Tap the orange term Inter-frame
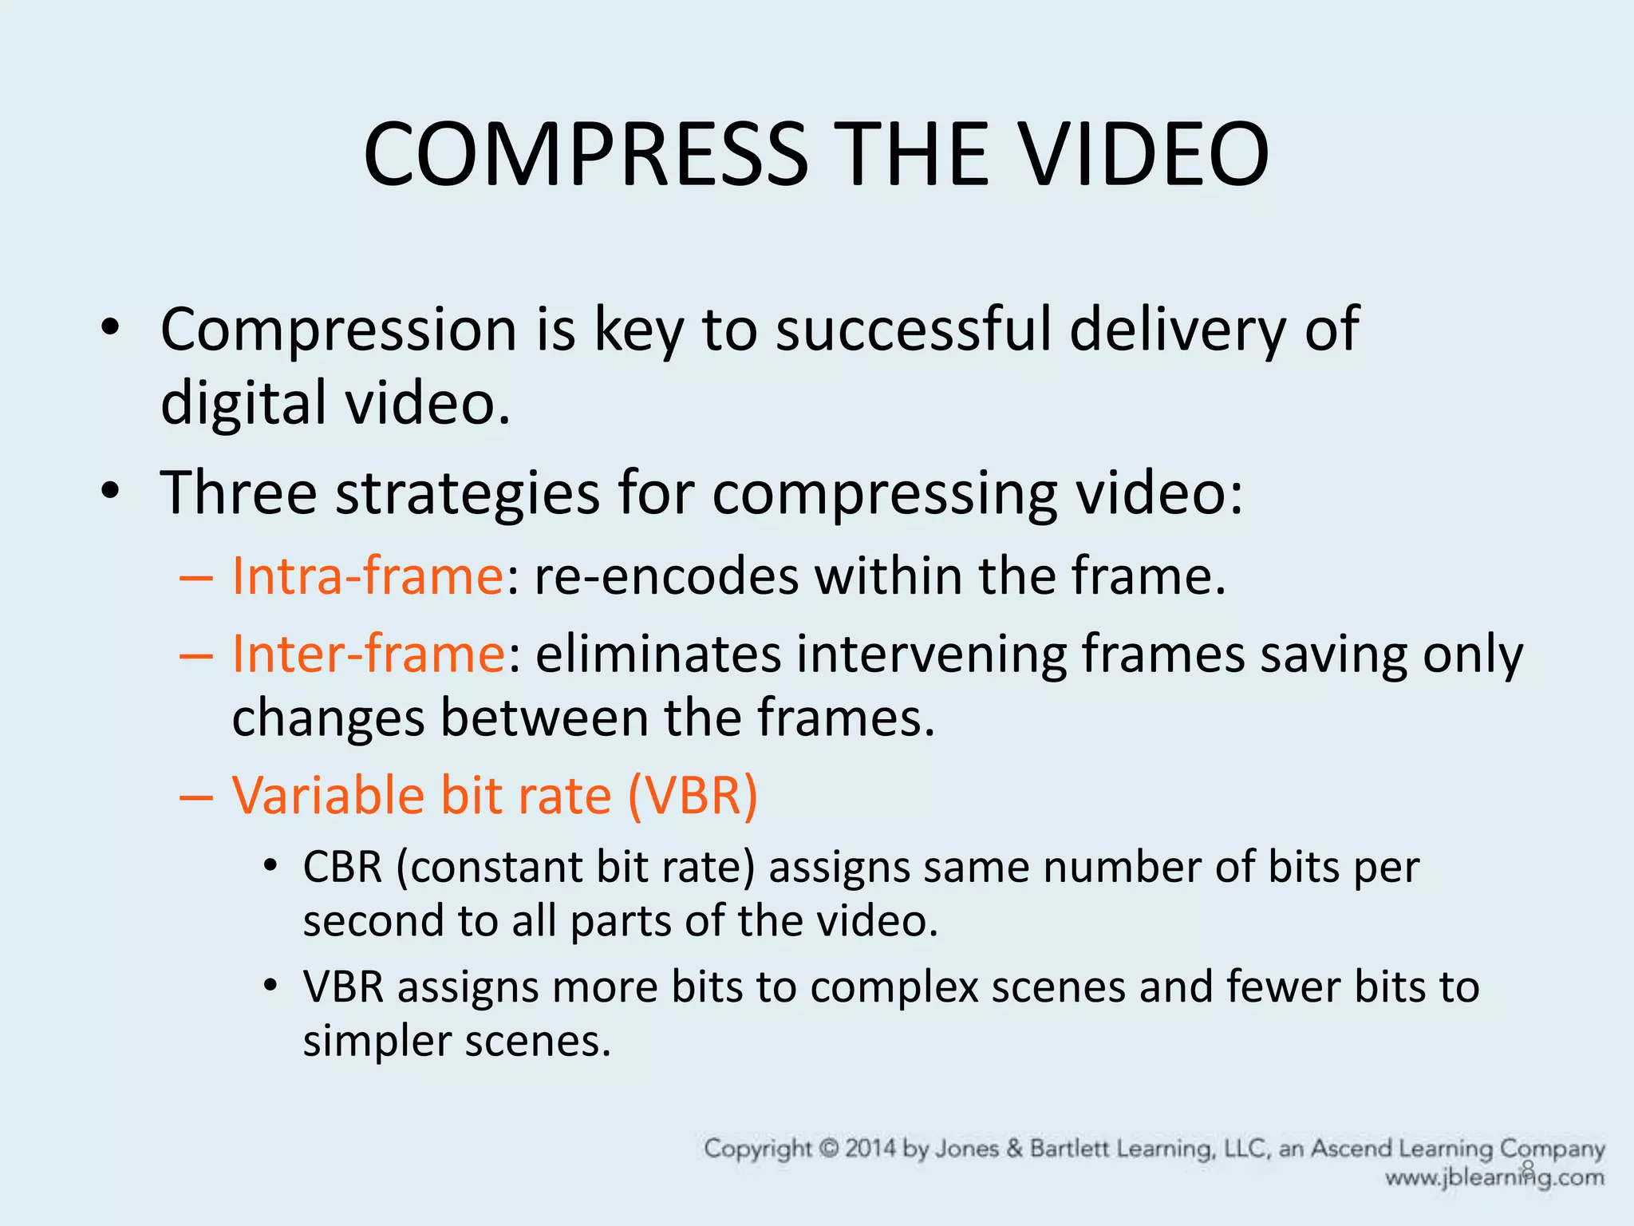368,654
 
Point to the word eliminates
658,654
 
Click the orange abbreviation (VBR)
693,796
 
